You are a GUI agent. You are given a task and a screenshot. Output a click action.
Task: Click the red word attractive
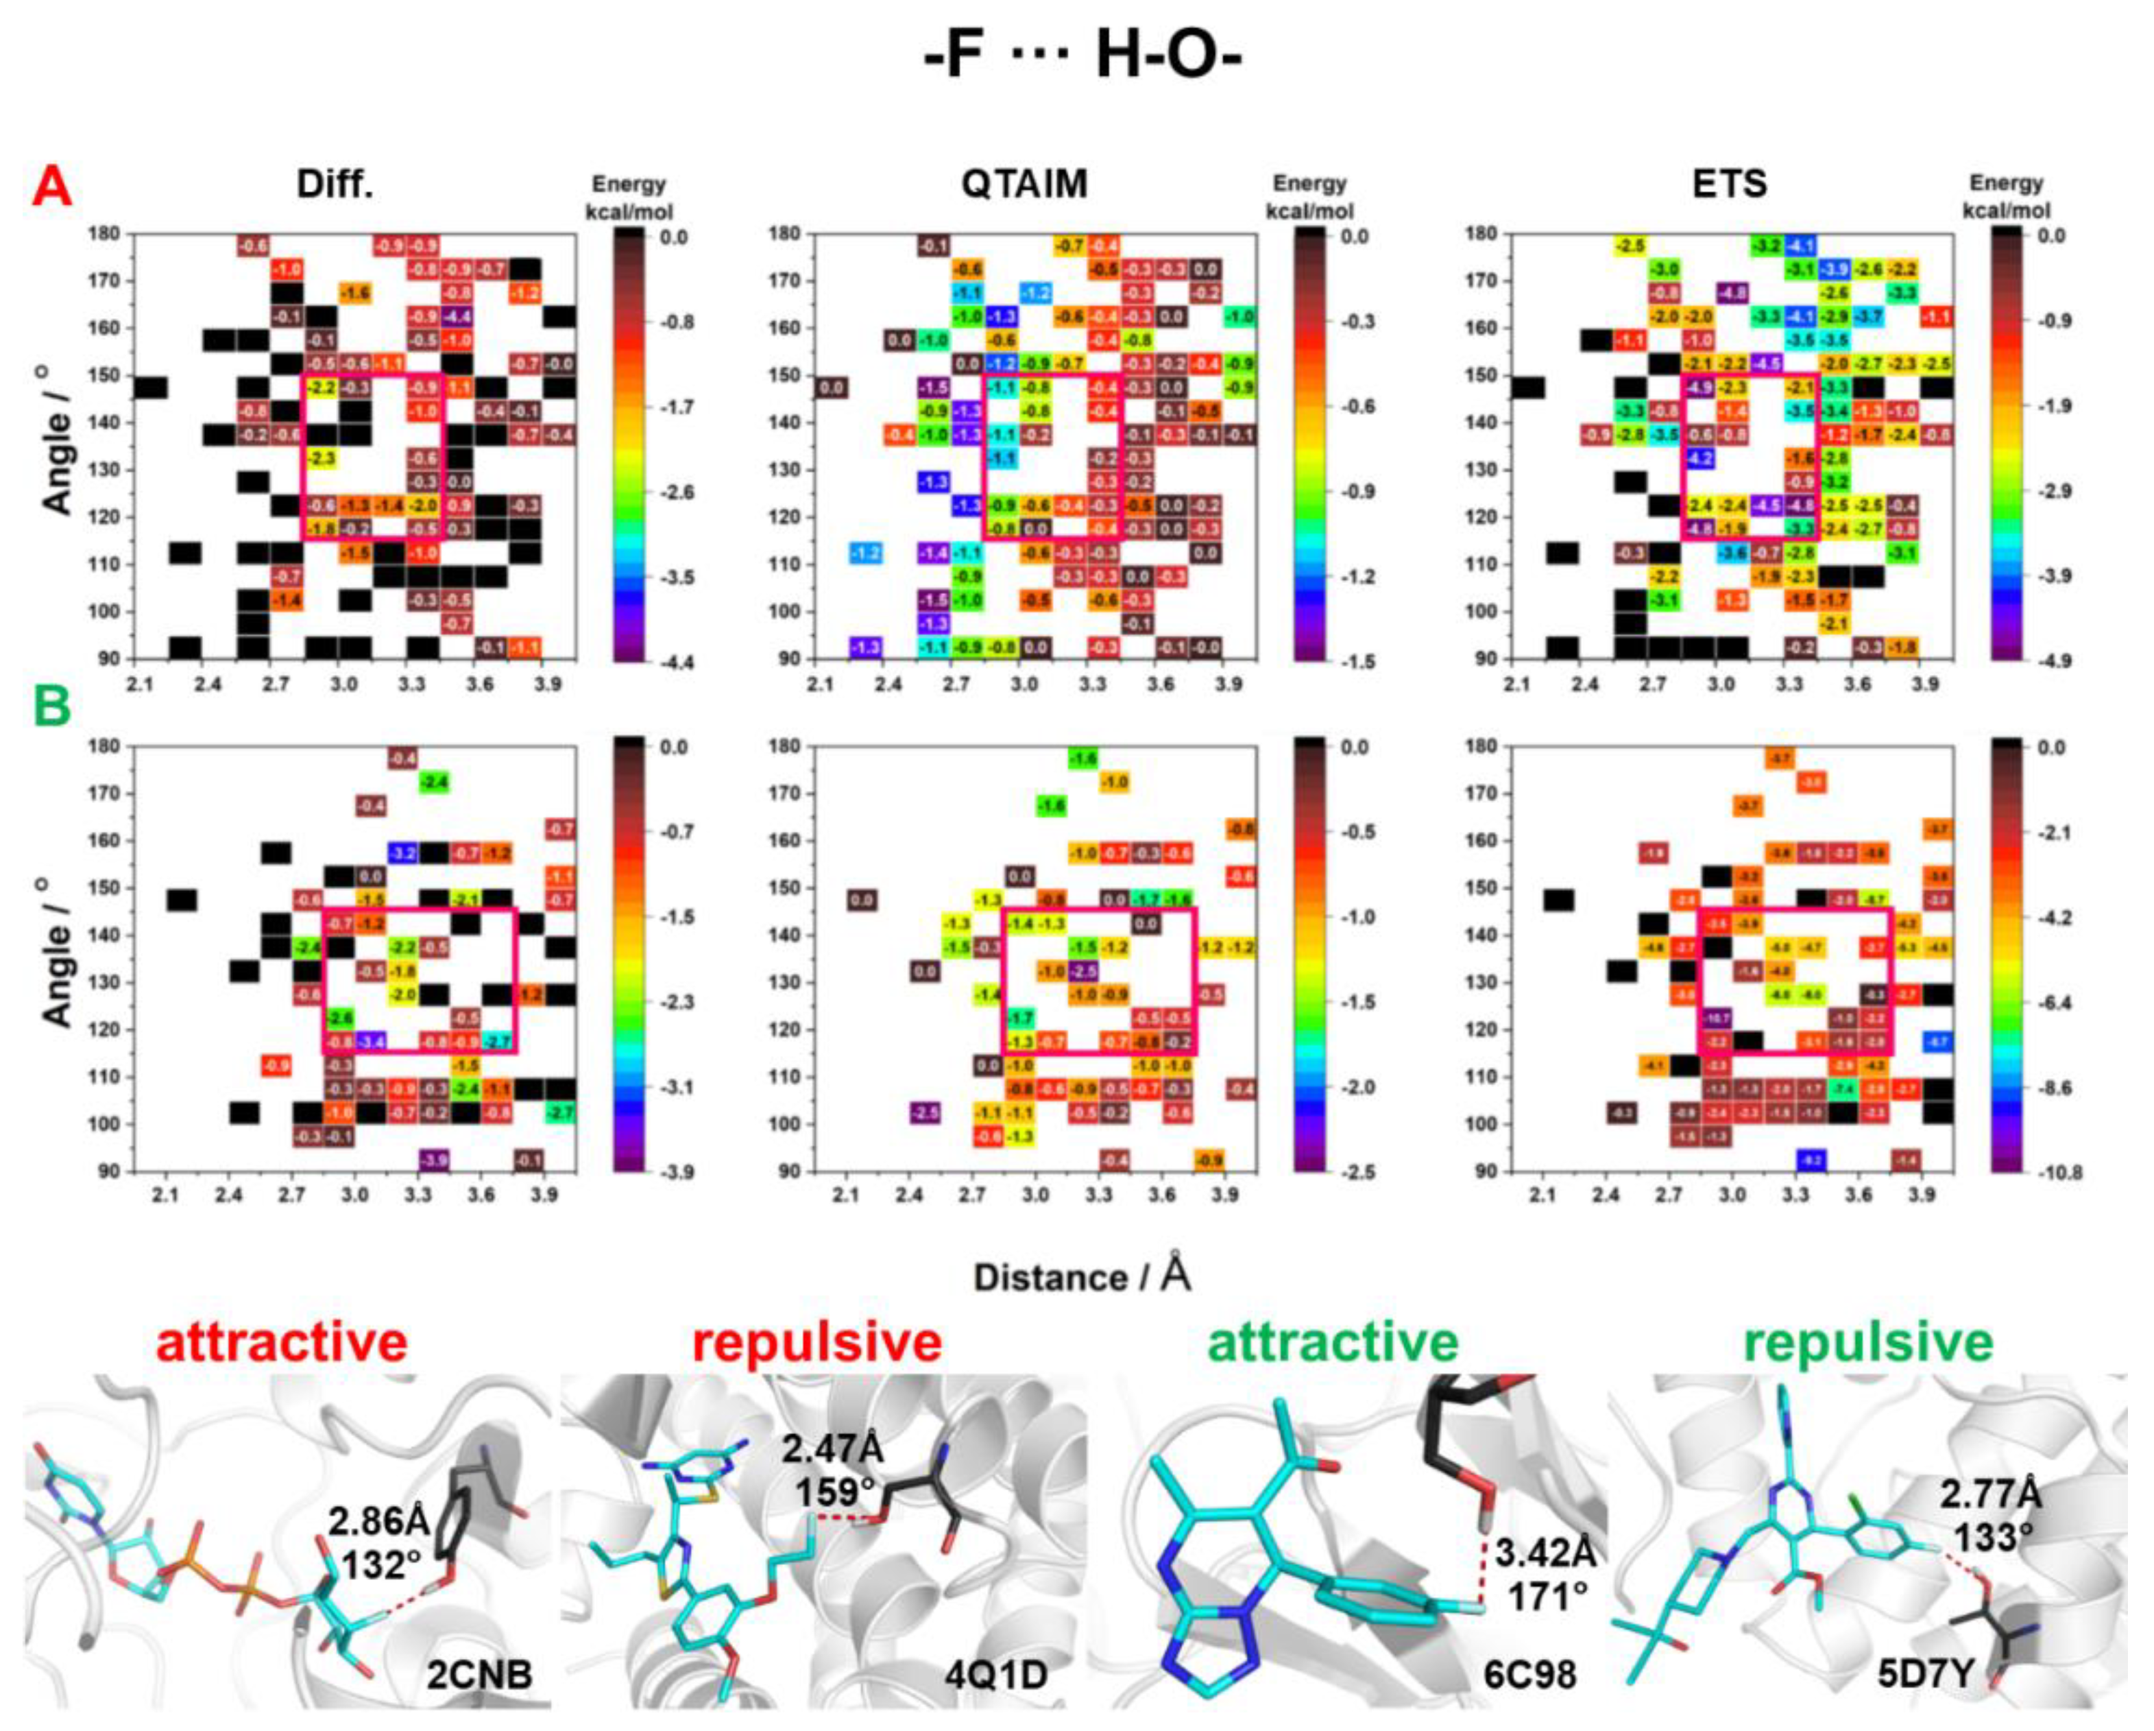(282, 1344)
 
